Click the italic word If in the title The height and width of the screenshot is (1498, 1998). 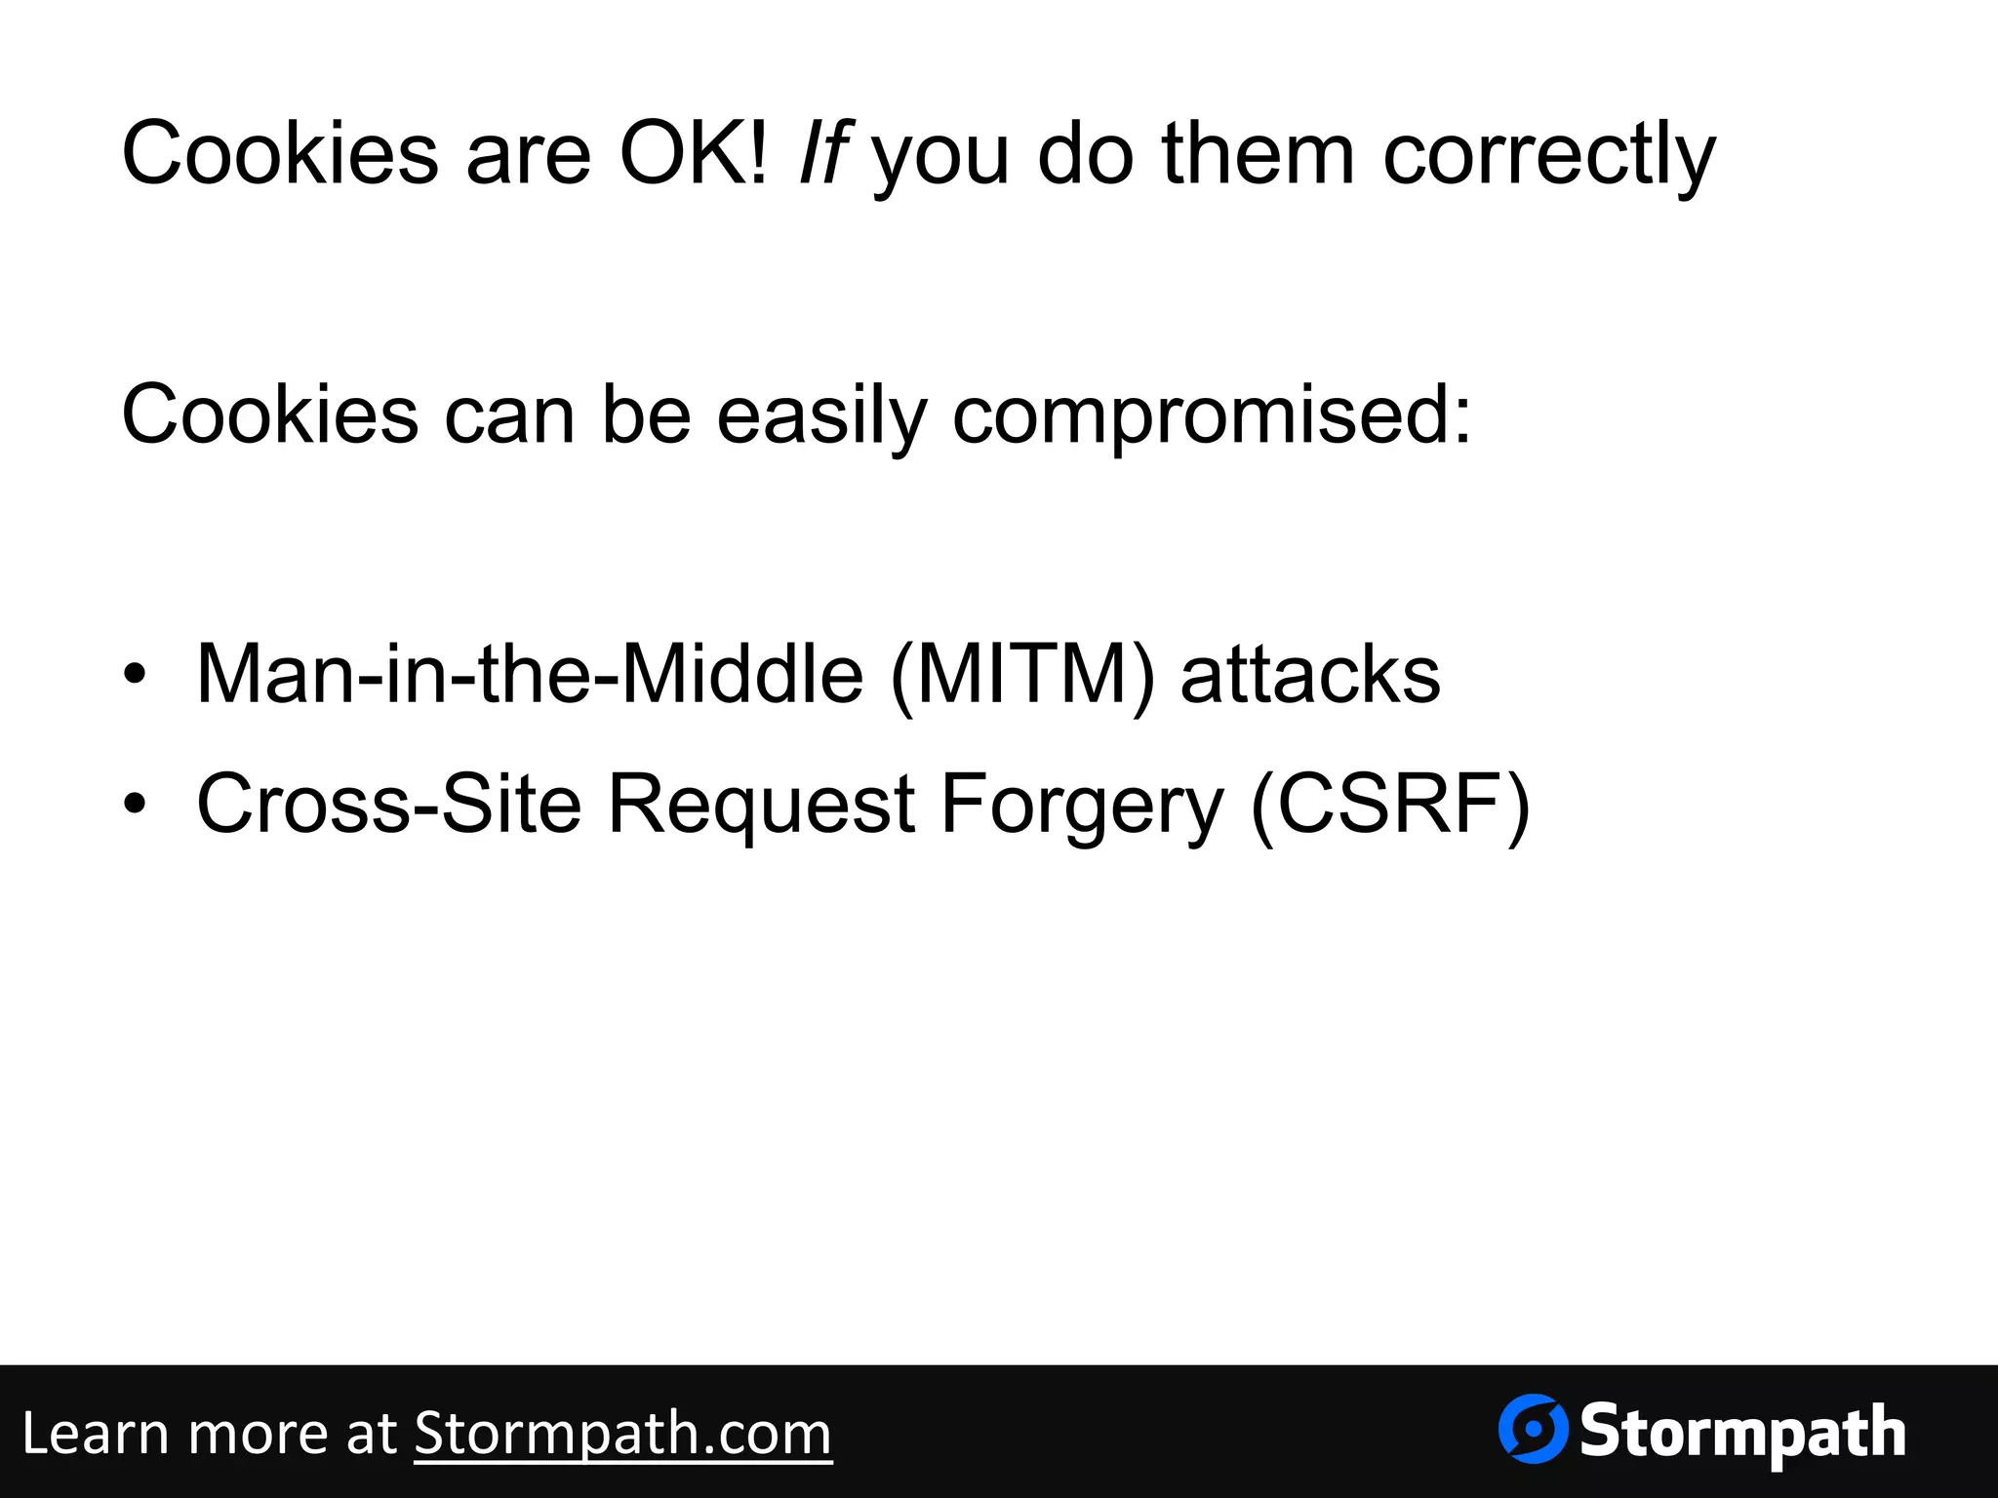[821, 153]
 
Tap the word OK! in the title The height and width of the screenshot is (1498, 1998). [694, 153]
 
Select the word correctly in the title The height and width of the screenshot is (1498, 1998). [1548, 156]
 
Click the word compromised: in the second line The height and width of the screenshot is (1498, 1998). [1211, 416]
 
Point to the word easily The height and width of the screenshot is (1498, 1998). [821, 416]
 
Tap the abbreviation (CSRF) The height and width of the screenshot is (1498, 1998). [1389, 805]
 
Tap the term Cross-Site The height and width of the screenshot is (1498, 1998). [388, 805]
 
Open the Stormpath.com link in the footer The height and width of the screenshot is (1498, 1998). [622, 1434]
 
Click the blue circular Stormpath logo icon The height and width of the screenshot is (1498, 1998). [1533, 1429]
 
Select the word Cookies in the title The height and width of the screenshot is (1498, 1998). [280, 153]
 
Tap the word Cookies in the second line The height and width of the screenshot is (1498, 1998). [269, 416]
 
